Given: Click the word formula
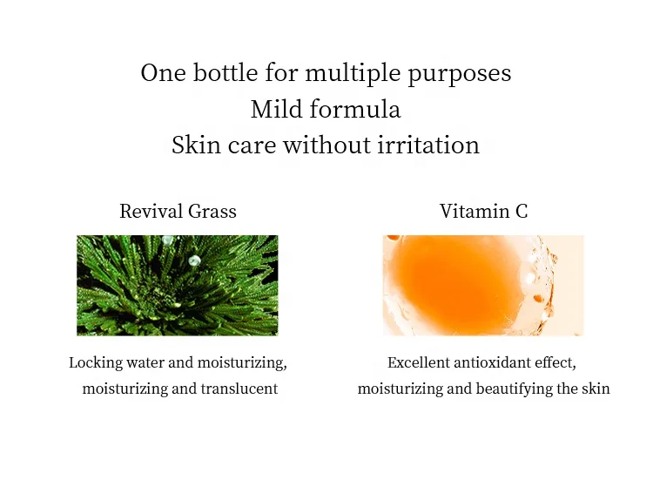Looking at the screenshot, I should click(358, 109).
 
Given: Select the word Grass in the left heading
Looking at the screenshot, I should click(213, 211).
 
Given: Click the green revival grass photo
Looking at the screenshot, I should click(178, 285).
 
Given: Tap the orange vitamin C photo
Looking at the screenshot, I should click(483, 285).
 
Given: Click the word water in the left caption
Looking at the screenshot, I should click(144, 362).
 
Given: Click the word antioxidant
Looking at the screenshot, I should click(499, 362).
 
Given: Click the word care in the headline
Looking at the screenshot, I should click(243, 144).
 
